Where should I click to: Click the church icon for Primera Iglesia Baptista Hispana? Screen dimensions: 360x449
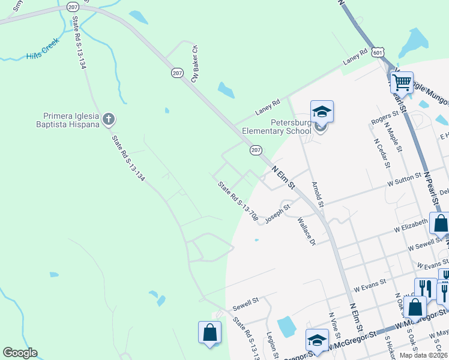[108, 119]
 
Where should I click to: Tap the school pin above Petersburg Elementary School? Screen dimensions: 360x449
[321, 112]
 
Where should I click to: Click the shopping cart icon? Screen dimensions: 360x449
[401, 81]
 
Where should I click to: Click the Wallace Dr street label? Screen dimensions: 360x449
[306, 231]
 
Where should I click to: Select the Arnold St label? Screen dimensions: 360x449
[318, 195]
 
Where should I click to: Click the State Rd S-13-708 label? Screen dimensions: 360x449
[238, 202]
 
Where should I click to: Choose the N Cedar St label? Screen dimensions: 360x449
[382, 154]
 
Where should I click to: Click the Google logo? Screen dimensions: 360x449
[20, 353]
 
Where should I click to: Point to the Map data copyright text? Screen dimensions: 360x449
[423, 355]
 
